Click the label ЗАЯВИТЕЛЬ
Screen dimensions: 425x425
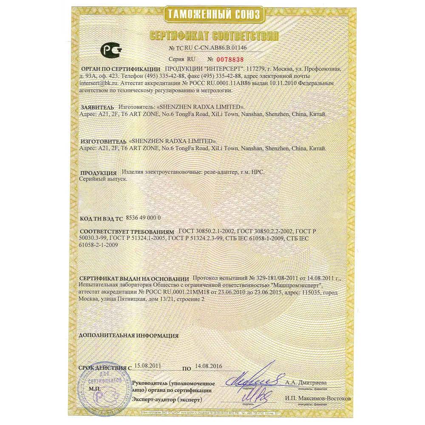tap(97, 107)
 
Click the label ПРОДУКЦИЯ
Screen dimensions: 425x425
tap(99, 173)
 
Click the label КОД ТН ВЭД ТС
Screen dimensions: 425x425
tap(101, 218)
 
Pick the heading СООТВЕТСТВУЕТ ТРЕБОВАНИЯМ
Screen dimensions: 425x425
tap(127, 232)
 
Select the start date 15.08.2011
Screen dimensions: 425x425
tap(148, 365)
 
